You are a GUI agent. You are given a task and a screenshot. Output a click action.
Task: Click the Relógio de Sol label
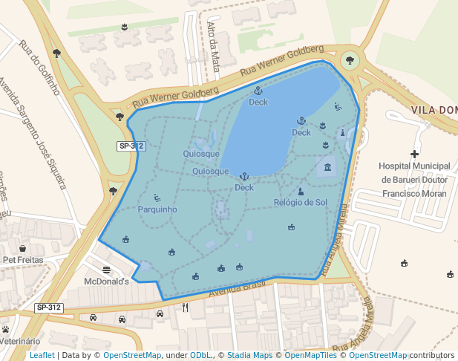(300, 202)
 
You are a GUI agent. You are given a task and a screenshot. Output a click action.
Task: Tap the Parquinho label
(157, 209)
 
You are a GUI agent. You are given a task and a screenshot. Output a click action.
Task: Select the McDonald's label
(107, 282)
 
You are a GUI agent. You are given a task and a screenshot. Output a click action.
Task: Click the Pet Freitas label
(22, 260)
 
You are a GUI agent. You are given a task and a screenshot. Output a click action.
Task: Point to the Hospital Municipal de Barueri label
(414, 179)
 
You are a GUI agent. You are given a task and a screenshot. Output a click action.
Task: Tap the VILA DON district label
(434, 110)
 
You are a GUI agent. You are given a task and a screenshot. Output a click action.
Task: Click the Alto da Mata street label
(215, 46)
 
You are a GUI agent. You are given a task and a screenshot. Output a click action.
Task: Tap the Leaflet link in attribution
(42, 355)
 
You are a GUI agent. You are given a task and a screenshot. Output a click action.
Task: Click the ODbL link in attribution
(201, 355)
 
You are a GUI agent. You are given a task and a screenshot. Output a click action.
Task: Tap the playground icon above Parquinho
(157, 198)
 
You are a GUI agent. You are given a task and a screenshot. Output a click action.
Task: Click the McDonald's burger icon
(107, 270)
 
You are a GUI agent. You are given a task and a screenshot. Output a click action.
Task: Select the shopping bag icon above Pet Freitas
(22, 248)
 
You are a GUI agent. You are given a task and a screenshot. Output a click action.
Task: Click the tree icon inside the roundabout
(349, 59)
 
